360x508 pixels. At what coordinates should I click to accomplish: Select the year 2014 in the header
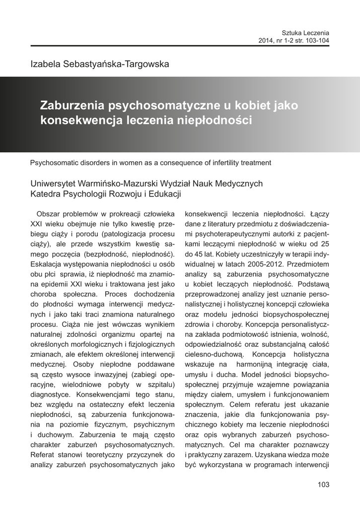[x=267, y=40]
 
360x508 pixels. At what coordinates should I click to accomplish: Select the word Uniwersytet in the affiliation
[x=53, y=184]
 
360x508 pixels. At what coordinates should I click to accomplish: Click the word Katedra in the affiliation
[x=45, y=193]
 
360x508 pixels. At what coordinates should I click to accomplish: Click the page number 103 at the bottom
[x=323, y=485]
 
